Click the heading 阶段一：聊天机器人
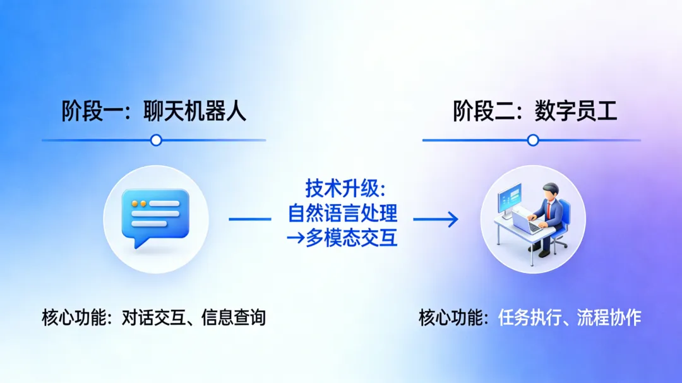click(154, 111)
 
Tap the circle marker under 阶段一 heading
click(156, 140)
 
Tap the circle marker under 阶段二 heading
click(533, 140)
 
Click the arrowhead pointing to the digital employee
click(452, 219)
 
